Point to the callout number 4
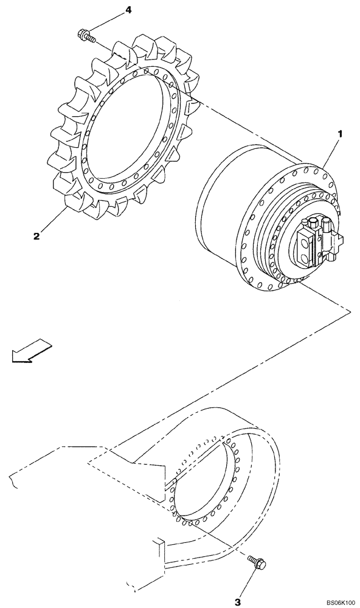(x=128, y=10)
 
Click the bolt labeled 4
(x=87, y=36)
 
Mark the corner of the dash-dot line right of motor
(x=350, y=311)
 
